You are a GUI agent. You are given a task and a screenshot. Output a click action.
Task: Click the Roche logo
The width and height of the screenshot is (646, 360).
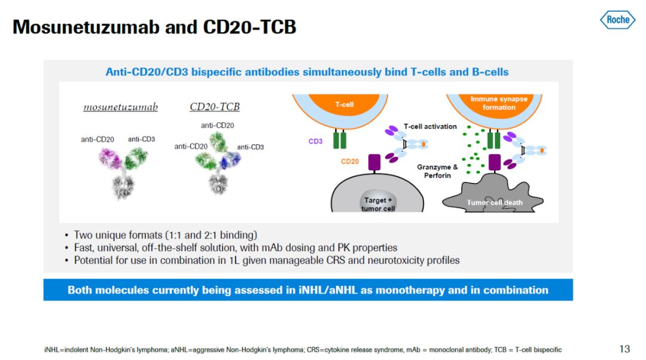click(x=617, y=20)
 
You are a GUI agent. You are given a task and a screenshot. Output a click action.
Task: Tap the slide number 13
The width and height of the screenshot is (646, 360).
click(x=624, y=349)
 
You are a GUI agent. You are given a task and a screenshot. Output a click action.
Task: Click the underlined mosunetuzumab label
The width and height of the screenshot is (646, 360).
click(x=120, y=108)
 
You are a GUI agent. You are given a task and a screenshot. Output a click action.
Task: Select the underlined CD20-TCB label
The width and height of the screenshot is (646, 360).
click(x=215, y=108)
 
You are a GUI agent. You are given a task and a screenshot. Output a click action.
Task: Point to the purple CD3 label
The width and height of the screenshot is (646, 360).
click(x=316, y=142)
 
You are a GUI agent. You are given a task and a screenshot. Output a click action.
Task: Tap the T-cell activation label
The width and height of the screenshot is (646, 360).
click(x=430, y=126)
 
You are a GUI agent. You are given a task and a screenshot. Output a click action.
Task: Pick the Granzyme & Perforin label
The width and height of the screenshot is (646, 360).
click(x=437, y=171)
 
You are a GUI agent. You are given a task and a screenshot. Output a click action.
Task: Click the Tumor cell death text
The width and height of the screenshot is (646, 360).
click(x=495, y=203)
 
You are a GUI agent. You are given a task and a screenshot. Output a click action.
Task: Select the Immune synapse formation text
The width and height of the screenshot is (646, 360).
click(x=499, y=103)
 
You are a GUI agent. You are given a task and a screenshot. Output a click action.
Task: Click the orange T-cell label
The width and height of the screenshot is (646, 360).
click(x=345, y=104)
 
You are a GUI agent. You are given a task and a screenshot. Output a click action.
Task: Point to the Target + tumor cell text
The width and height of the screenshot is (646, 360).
click(x=379, y=204)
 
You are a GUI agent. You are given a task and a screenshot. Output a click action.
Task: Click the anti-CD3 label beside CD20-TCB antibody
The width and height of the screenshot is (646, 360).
click(x=250, y=147)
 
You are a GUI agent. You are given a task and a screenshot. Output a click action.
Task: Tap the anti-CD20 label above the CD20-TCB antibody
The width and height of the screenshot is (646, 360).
click(x=218, y=125)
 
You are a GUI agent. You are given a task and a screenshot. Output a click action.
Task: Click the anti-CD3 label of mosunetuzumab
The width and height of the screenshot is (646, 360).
click(x=141, y=139)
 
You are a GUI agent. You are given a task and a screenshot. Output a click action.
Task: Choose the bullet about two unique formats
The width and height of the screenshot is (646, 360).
click(x=166, y=235)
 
